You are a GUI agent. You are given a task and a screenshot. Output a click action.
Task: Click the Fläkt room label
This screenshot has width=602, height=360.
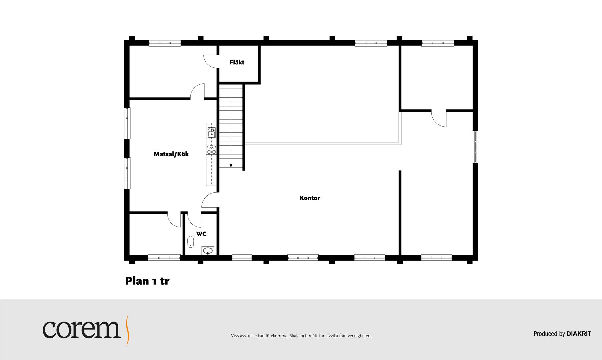[237, 62]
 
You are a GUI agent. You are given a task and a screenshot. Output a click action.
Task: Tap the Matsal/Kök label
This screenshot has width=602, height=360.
[171, 154]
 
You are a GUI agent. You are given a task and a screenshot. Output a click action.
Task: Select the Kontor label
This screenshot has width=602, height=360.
[310, 198]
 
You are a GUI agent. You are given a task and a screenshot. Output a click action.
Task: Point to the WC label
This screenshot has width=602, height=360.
[201, 234]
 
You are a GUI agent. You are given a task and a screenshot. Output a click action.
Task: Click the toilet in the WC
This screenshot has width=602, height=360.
[190, 241]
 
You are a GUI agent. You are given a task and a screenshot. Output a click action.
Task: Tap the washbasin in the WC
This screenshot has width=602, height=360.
[208, 251]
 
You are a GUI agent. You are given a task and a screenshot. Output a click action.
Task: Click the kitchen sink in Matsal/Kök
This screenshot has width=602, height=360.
[211, 132]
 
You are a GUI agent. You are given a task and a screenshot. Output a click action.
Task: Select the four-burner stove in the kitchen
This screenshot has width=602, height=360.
[211, 149]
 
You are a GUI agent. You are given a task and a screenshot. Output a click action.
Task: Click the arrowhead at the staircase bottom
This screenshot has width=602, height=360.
[230, 165]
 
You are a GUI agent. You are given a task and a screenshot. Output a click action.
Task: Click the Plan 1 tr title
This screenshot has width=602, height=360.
[147, 281]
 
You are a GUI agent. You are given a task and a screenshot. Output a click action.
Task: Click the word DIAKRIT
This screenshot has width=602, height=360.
[579, 334]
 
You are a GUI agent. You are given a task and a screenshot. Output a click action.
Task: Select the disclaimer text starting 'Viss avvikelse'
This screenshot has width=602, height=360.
[301, 336]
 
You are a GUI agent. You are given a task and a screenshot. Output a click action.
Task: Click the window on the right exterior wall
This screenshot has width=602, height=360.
[475, 147]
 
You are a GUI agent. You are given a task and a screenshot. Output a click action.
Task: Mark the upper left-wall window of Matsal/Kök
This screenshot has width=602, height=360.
[127, 123]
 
